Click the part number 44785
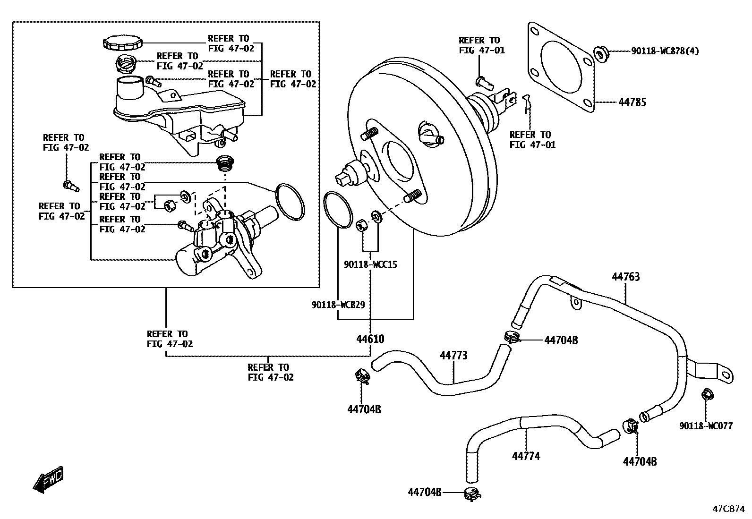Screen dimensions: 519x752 click(x=632, y=102)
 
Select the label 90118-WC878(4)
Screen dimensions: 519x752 click(x=665, y=51)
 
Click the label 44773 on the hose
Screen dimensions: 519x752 click(x=453, y=355)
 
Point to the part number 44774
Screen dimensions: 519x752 click(x=526, y=456)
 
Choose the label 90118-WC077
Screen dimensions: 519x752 click(x=706, y=426)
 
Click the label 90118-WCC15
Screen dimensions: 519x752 click(x=370, y=264)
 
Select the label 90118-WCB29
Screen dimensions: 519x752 click(x=338, y=305)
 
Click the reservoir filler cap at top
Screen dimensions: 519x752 click(x=122, y=43)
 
